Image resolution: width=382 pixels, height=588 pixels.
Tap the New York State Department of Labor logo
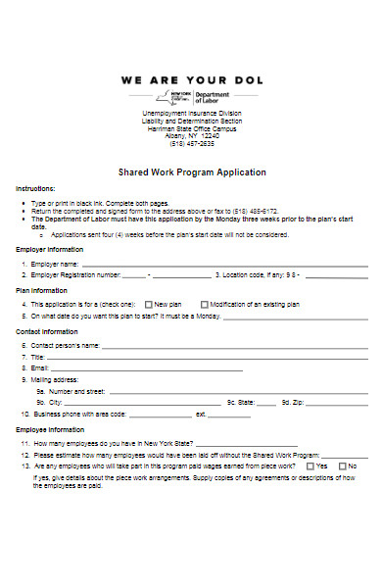point(191,98)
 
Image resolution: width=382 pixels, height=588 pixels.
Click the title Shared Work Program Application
point(192,171)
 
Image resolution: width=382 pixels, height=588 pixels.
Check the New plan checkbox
point(149,305)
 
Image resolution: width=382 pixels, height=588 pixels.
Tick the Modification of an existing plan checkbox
point(205,305)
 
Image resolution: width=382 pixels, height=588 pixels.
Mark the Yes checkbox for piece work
point(310,465)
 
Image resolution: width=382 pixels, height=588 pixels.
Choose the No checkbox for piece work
point(342,465)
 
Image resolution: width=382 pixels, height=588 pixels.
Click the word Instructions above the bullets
point(35,188)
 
